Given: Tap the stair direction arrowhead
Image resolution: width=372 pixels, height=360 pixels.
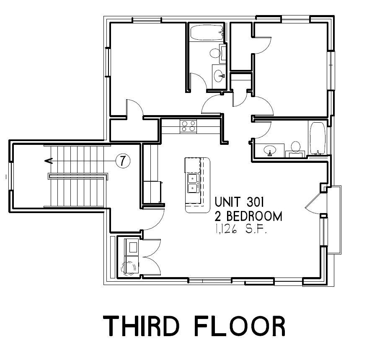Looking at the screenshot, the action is [48, 161].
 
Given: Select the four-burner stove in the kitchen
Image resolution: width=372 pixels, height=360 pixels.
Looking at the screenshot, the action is [188, 126].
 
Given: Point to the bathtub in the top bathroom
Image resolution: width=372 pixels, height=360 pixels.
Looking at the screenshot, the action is [207, 33].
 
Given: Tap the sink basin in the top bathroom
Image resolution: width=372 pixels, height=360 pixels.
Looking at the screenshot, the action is [219, 76].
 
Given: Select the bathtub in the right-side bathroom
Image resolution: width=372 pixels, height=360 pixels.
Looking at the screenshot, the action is [318, 139].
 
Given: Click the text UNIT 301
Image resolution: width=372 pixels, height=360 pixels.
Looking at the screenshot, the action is [239, 202].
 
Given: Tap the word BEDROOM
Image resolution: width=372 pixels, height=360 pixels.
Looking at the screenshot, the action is [254, 216].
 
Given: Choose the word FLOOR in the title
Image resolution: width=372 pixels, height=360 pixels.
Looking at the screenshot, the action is [240, 326].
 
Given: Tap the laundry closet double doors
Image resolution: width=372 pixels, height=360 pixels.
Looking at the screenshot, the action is [151, 257].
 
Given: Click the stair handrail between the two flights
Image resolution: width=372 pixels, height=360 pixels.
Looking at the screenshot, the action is [78, 176].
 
